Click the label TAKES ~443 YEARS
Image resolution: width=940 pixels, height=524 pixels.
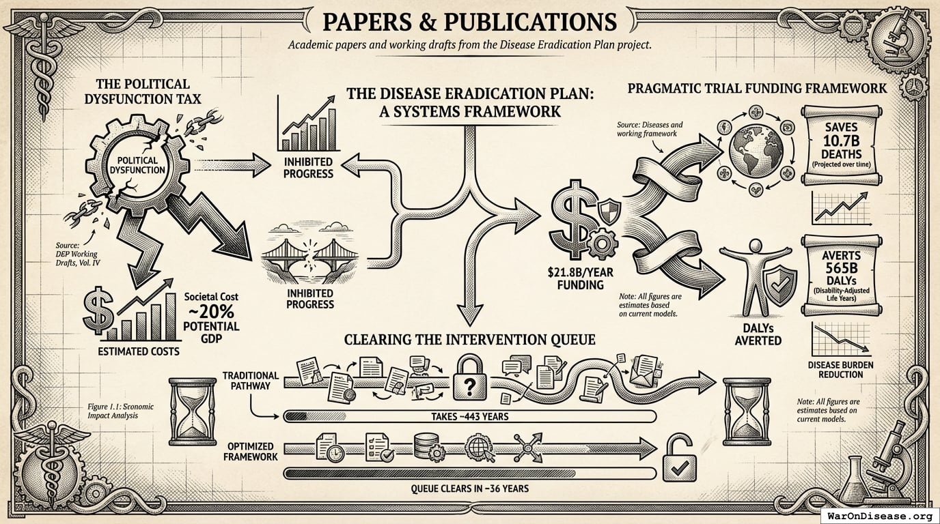469,416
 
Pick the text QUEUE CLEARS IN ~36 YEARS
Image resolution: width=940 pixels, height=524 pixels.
469,489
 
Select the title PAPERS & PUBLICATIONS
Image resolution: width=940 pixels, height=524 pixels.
469,22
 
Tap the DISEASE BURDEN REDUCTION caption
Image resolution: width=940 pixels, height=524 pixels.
840,370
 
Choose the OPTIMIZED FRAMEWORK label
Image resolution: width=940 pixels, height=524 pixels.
251,450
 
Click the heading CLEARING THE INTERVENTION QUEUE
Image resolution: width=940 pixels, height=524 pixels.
469,339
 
